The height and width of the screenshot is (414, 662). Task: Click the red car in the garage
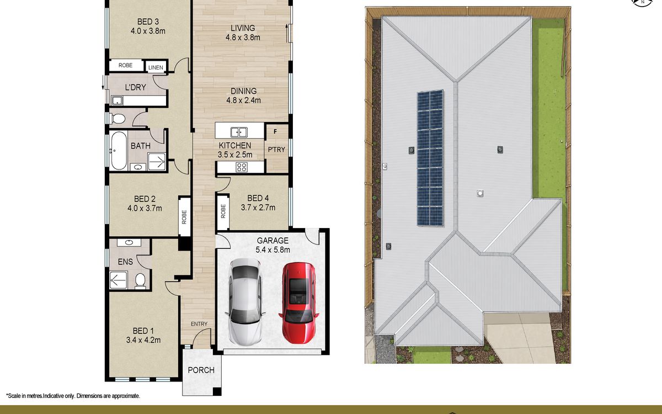pos(299,303)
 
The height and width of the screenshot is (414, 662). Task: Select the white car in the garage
pos(245,301)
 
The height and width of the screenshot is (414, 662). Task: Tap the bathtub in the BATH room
pos(119,151)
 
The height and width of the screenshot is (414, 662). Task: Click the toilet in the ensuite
pos(140,280)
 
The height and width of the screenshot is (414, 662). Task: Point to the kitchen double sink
pos(239,132)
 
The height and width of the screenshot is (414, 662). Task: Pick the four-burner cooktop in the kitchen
pos(242,167)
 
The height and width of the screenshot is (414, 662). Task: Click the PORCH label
pos(201,370)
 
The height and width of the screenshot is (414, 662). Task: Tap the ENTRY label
pos(199,324)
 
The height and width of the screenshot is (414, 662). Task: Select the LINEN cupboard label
pos(156,67)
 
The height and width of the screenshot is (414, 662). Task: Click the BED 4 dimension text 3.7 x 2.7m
pos(258,208)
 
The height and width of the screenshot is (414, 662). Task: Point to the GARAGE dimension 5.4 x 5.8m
pos(273,250)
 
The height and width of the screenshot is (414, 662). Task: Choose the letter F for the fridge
pos(275,131)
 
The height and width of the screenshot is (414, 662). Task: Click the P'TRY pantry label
pos(276,150)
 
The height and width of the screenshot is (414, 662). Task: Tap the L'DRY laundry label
pos(136,88)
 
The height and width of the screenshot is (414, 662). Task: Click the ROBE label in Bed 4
pos(223,211)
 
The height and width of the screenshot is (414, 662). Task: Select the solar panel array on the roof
pos(430,158)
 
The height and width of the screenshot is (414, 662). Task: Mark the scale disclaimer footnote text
pos(73,396)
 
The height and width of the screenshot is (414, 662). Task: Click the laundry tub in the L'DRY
pos(117,101)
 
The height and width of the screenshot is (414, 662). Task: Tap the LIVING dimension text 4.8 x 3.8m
pos(243,38)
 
